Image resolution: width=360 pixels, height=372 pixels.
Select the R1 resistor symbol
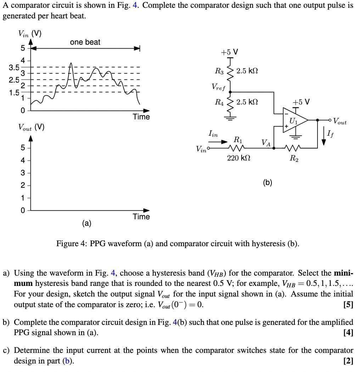click(237, 148)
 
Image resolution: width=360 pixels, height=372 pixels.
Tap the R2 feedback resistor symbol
click(294, 148)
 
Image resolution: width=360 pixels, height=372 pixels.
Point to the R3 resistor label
click(219, 71)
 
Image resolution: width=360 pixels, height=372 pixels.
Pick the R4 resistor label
click(219, 102)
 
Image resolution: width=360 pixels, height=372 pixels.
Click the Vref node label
click(218, 86)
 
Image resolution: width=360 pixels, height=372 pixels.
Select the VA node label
click(266, 142)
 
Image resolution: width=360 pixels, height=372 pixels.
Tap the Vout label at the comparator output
click(340, 122)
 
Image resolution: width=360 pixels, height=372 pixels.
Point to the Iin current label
click(213, 134)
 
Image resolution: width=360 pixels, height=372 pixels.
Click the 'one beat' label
click(85, 42)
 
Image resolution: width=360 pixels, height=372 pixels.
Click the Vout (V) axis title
click(31, 127)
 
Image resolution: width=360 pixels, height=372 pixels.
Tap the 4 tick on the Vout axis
click(22, 160)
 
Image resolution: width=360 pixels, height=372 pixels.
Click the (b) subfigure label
click(268, 182)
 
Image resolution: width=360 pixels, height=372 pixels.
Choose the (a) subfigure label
click(86, 223)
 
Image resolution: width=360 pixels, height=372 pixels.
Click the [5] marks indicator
click(348, 304)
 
